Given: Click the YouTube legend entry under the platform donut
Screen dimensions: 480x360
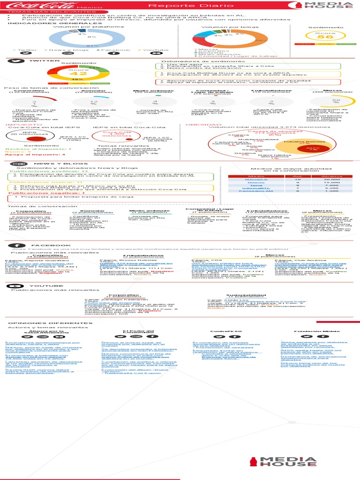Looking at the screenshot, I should (155, 50).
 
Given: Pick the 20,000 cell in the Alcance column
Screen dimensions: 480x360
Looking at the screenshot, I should (331, 180).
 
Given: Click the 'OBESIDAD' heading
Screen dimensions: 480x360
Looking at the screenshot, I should (197, 125).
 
